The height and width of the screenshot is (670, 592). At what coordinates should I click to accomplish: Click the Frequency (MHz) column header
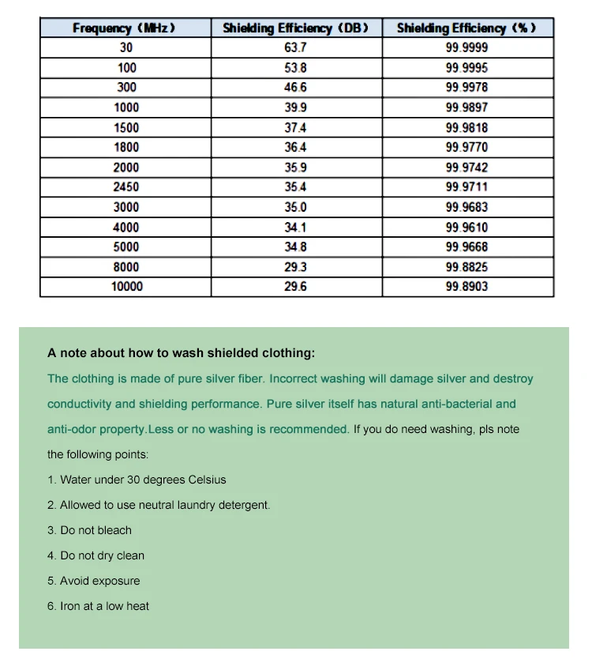125,28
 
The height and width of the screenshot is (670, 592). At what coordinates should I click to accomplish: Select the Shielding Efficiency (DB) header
296,28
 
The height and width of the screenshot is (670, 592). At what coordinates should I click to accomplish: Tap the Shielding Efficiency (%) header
466,28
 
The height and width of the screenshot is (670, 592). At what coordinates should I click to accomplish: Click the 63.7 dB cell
296,47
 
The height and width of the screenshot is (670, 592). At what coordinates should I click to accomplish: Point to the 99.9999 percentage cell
466,47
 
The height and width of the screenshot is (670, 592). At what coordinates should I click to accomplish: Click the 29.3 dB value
296,267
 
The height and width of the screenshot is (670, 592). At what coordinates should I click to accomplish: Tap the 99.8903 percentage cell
466,287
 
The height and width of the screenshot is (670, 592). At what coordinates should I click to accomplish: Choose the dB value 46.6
296,87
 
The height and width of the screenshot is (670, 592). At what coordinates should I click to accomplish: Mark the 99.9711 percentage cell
466,187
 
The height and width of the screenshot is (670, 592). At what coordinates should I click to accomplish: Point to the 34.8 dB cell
296,247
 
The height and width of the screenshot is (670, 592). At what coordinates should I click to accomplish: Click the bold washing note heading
181,353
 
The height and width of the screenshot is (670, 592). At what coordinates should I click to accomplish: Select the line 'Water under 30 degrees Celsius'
137,480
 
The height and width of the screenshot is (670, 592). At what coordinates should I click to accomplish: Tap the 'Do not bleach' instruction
89,530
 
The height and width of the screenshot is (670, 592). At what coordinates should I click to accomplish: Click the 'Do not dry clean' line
96,555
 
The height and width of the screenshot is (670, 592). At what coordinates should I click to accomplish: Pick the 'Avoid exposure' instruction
93,581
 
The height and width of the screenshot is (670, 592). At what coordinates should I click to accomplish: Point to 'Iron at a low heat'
98,606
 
